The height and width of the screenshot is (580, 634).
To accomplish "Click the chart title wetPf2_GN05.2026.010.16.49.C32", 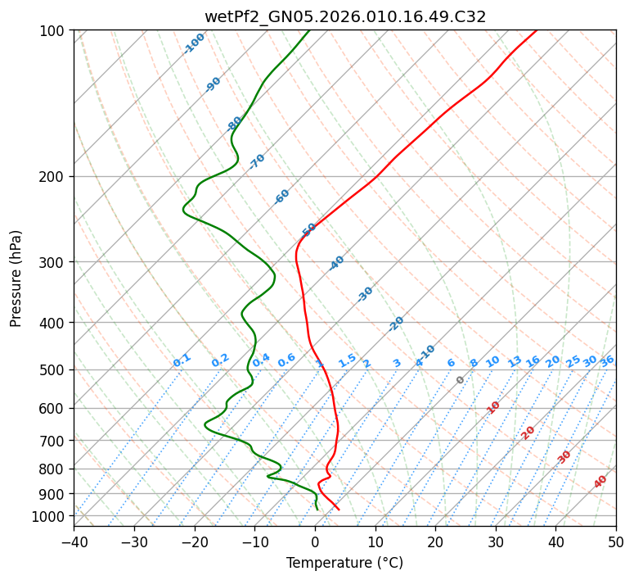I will pyautogui.click(x=344, y=16).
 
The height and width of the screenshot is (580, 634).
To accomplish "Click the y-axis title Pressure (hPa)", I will pyautogui.click(x=16, y=278).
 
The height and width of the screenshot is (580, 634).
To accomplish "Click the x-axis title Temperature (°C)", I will pyautogui.click(x=344, y=563).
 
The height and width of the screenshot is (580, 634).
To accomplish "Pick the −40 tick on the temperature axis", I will pyautogui.click(x=74, y=541).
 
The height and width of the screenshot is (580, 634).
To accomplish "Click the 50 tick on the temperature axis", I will pyautogui.click(x=616, y=541).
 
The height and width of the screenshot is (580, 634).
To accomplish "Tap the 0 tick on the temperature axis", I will pyautogui.click(x=315, y=541).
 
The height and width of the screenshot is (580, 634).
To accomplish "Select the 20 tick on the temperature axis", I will pyautogui.click(x=435, y=541).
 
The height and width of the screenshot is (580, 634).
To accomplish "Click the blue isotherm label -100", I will pyautogui.click(x=194, y=43).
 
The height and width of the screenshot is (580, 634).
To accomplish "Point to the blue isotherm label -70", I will pyautogui.click(x=257, y=161).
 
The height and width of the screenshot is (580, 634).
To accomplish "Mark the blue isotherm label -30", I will pyautogui.click(x=365, y=294).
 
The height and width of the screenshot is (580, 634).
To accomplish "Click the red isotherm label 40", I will pyautogui.click(x=600, y=482).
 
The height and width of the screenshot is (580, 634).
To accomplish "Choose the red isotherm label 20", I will pyautogui.click(x=528, y=432).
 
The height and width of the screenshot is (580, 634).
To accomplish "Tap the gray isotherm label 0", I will pyautogui.click(x=461, y=380).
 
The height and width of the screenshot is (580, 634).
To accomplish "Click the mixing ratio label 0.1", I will pyautogui.click(x=182, y=360).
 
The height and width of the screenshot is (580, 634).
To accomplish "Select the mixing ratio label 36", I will pyautogui.click(x=607, y=360).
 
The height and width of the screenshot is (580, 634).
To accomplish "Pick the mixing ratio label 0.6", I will pyautogui.click(x=286, y=360).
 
